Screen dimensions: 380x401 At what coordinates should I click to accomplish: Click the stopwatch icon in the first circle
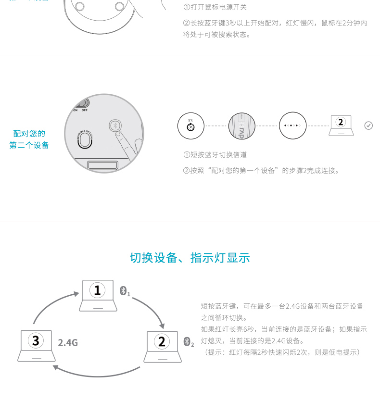click(x=190, y=126)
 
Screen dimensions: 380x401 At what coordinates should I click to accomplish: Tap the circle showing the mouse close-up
click(x=241, y=126)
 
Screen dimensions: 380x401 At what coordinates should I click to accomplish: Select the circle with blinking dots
click(x=292, y=125)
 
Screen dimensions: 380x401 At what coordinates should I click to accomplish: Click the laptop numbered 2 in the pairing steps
click(x=341, y=125)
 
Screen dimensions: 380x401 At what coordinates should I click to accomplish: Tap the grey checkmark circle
click(x=368, y=125)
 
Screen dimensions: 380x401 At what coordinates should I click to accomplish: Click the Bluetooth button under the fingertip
click(x=115, y=125)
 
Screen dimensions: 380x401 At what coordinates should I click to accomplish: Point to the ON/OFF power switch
click(x=82, y=103)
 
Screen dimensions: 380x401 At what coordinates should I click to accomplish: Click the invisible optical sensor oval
click(x=85, y=140)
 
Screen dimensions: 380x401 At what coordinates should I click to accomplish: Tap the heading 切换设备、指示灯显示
click(x=190, y=258)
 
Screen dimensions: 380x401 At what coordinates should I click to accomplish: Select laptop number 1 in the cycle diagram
click(x=98, y=295)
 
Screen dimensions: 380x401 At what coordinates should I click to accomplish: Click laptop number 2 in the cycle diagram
click(x=163, y=347)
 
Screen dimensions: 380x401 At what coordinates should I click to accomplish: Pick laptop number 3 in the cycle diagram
click(x=37, y=346)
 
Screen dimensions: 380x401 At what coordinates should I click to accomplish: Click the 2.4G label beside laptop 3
click(x=68, y=343)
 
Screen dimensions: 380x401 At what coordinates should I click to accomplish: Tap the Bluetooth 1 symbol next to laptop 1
click(x=125, y=291)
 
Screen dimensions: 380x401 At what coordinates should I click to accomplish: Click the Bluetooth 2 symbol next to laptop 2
click(x=189, y=342)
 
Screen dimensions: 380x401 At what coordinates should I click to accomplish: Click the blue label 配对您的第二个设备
click(x=29, y=139)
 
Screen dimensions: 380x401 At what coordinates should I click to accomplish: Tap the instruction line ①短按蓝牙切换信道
click(x=215, y=155)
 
